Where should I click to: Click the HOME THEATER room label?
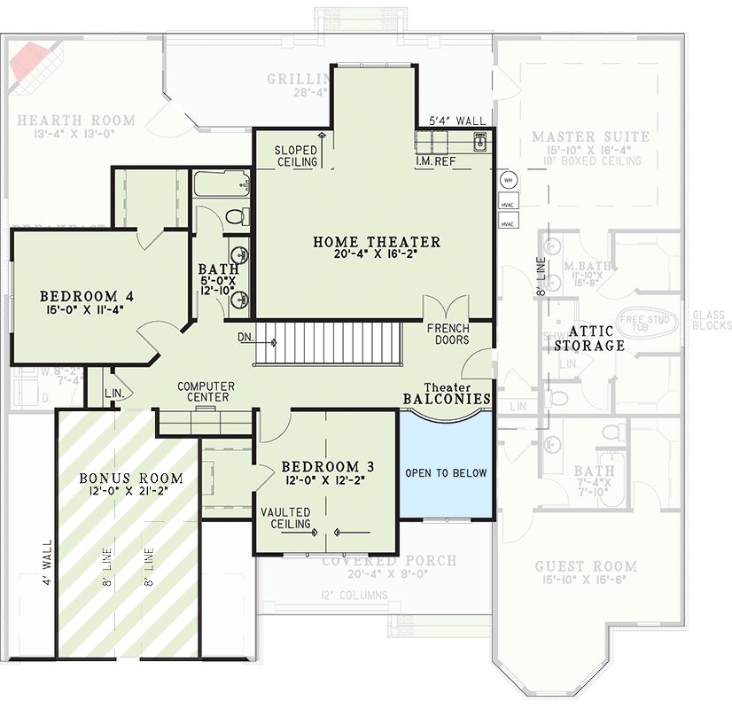point(377,242)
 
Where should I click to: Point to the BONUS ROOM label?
point(131,479)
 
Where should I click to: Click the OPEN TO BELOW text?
point(446,473)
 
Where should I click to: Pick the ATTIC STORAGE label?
point(589,339)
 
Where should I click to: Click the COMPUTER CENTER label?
point(206,392)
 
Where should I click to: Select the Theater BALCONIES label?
point(446,394)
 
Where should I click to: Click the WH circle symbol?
point(508,180)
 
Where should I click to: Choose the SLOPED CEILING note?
point(296,156)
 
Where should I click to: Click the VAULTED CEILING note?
point(285,518)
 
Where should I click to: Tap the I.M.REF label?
point(435,162)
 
